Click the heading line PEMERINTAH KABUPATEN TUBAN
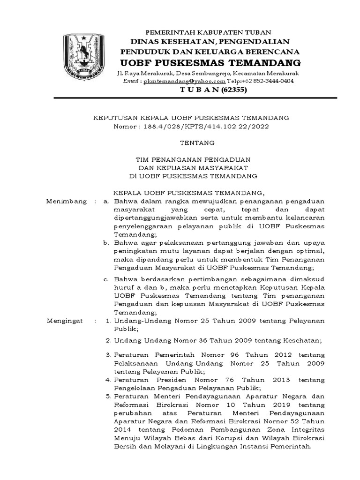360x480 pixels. pyautogui.click(x=197, y=32)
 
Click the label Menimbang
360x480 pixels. pyautogui.click(x=67, y=201)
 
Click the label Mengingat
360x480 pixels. pyautogui.click(x=65, y=321)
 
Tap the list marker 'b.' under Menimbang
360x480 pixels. pyautogui.click(x=107, y=243)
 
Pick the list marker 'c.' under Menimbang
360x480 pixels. pyautogui.click(x=107, y=279)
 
